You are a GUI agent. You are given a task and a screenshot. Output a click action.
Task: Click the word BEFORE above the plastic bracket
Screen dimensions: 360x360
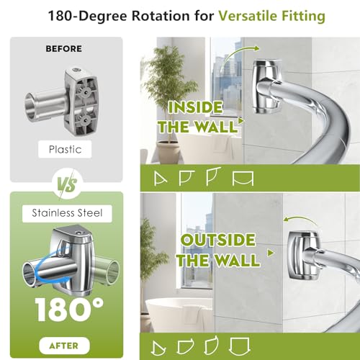(63, 49)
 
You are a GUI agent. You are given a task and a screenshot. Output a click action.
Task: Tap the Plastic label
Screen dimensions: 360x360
(65, 149)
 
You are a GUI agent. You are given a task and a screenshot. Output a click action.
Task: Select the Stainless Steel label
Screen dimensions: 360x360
(67, 213)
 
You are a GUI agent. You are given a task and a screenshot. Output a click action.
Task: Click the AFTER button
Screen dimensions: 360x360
(64, 346)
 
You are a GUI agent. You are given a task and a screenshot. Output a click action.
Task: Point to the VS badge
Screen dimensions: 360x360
(67, 185)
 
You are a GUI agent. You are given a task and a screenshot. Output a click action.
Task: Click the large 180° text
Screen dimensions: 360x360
(69, 310)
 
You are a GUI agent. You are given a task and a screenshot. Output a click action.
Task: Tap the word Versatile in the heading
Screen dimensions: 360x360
(248, 16)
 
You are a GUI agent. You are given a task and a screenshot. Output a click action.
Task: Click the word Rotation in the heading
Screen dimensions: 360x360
(161, 16)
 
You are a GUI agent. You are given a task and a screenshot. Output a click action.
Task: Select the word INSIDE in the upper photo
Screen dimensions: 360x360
(195, 107)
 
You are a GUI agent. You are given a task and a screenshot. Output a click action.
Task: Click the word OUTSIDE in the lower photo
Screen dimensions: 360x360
(218, 240)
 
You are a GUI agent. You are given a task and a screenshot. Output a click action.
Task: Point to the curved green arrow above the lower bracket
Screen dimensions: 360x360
(300, 220)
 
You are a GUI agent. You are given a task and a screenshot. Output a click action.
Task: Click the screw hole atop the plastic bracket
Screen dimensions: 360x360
(76, 70)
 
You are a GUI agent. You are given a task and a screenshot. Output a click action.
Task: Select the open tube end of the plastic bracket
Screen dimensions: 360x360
(30, 105)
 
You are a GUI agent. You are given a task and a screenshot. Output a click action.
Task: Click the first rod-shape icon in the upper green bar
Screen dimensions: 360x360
(160, 179)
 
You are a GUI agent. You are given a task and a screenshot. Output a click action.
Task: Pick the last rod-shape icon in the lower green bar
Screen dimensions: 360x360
(240, 346)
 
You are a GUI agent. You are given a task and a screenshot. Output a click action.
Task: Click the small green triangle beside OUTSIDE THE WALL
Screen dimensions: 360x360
(271, 253)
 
